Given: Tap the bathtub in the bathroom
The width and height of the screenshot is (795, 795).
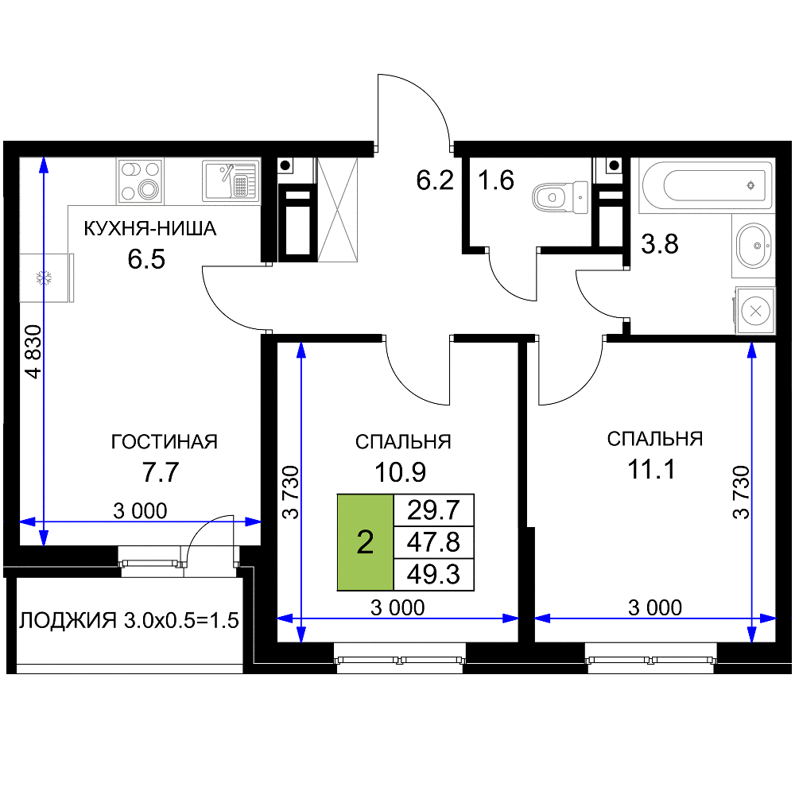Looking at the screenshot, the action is [x=706, y=185].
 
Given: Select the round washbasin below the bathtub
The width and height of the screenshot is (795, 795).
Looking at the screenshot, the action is [x=754, y=246].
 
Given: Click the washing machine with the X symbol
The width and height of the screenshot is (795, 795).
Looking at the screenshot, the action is [x=755, y=311].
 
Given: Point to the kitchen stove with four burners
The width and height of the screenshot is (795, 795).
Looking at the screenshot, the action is [x=141, y=181].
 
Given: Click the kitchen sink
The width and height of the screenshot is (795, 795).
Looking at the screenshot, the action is [x=231, y=180].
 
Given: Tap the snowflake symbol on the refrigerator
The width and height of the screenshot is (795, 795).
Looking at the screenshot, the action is [x=44, y=277].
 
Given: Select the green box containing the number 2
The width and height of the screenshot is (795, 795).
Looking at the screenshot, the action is [x=366, y=542].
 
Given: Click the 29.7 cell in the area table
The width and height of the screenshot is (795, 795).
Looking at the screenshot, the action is [x=433, y=510].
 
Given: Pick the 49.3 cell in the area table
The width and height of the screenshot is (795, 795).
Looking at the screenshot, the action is [x=433, y=575].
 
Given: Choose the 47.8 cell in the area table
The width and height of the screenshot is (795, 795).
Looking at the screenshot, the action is [x=433, y=542].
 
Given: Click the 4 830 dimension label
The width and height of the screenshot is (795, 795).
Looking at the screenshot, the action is [x=33, y=351].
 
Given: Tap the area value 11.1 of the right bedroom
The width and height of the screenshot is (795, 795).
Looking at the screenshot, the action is [x=652, y=470].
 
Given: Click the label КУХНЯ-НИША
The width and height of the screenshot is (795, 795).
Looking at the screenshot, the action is [x=150, y=229].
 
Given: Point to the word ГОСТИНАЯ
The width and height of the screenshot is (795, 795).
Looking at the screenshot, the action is [x=165, y=442].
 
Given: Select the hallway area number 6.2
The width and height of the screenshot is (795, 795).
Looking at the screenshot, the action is [x=435, y=180].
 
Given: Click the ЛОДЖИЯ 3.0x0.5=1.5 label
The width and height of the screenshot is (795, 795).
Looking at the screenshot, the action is [x=129, y=621].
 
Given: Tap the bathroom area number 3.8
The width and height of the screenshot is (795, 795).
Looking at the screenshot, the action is [x=660, y=244].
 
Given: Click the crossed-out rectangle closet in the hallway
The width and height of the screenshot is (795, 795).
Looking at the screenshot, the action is [x=337, y=209].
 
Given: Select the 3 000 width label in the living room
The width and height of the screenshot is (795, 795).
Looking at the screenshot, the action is [x=140, y=511].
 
